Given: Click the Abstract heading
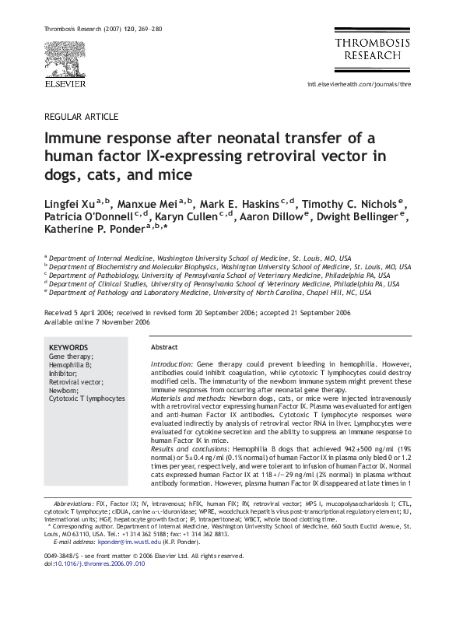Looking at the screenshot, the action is [x=164, y=346].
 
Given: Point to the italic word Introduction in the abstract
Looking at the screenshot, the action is [x=170, y=363].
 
